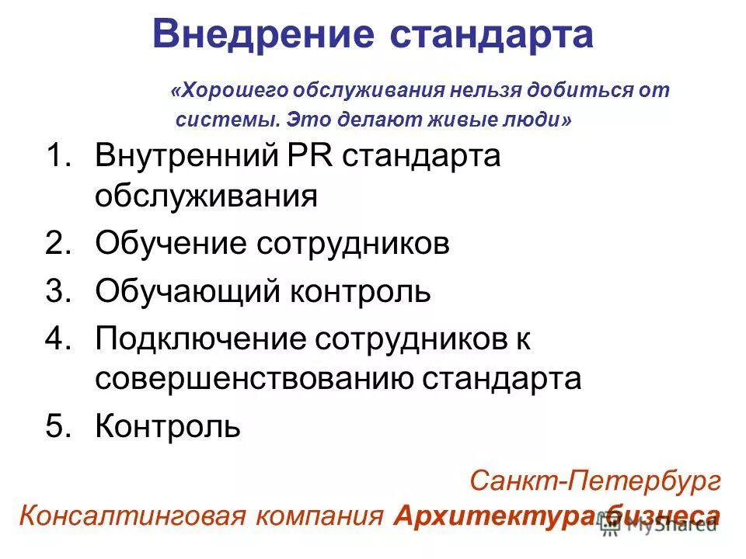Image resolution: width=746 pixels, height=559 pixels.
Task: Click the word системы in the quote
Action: (x=226, y=120)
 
